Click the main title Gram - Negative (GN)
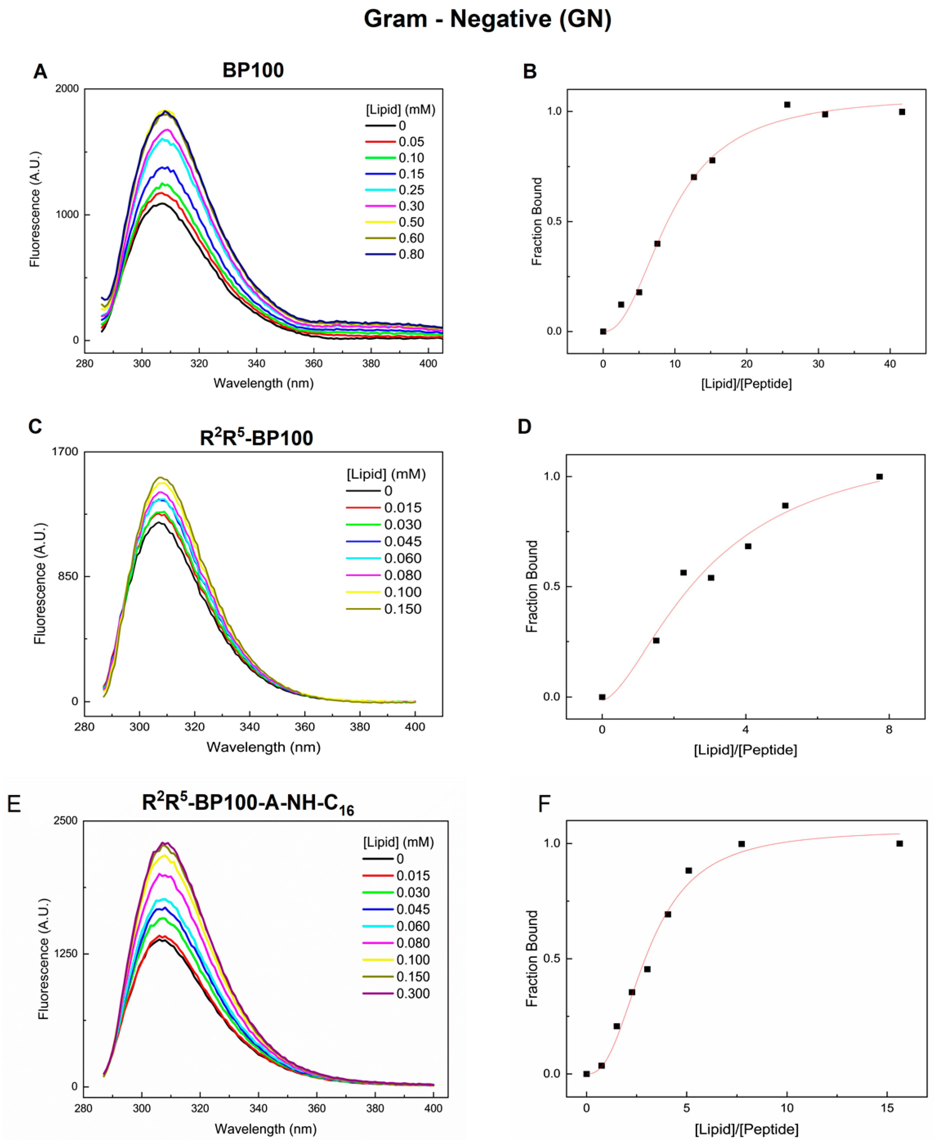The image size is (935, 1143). point(487,19)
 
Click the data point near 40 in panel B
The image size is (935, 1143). point(902,112)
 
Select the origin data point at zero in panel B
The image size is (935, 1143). point(603,331)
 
